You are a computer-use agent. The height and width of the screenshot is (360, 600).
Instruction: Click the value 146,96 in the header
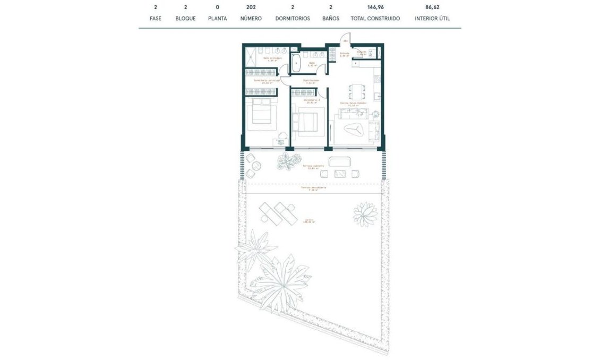[375, 7]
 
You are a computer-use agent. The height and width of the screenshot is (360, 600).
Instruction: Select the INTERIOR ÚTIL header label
[432, 19]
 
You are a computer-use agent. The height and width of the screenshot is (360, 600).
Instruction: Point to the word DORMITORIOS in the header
[293, 19]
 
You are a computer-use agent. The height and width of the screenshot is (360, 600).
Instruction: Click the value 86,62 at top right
[432, 7]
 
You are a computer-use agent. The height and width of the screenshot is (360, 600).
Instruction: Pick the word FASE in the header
[156, 19]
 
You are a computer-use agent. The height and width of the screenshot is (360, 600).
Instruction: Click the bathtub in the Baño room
[296, 63]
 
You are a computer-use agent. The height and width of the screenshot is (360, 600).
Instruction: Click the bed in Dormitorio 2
[308, 121]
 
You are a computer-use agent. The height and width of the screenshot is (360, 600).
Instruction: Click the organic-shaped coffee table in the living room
[354, 128]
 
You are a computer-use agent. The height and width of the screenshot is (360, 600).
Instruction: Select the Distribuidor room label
[311, 81]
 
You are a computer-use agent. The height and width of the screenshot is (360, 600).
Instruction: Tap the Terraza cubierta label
[313, 166]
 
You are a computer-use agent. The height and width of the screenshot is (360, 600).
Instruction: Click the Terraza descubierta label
[313, 188]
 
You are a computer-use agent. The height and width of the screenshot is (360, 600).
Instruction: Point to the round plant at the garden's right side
[365, 213]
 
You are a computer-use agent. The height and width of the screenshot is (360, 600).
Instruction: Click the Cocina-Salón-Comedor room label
[354, 104]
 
